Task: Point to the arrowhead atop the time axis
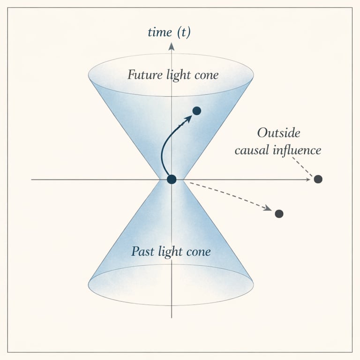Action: pyautogui.click(x=172, y=46)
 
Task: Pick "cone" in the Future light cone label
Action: pyautogui.click(x=206, y=75)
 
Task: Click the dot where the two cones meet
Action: pyautogui.click(x=172, y=179)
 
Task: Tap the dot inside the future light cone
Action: pyautogui.click(x=197, y=111)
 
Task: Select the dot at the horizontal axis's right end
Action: pyautogui.click(x=318, y=179)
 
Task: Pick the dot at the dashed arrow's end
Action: pyautogui.click(x=279, y=214)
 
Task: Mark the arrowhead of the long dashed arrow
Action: pyautogui.click(x=268, y=209)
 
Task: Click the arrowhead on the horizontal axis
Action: pyautogui.click(x=309, y=179)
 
